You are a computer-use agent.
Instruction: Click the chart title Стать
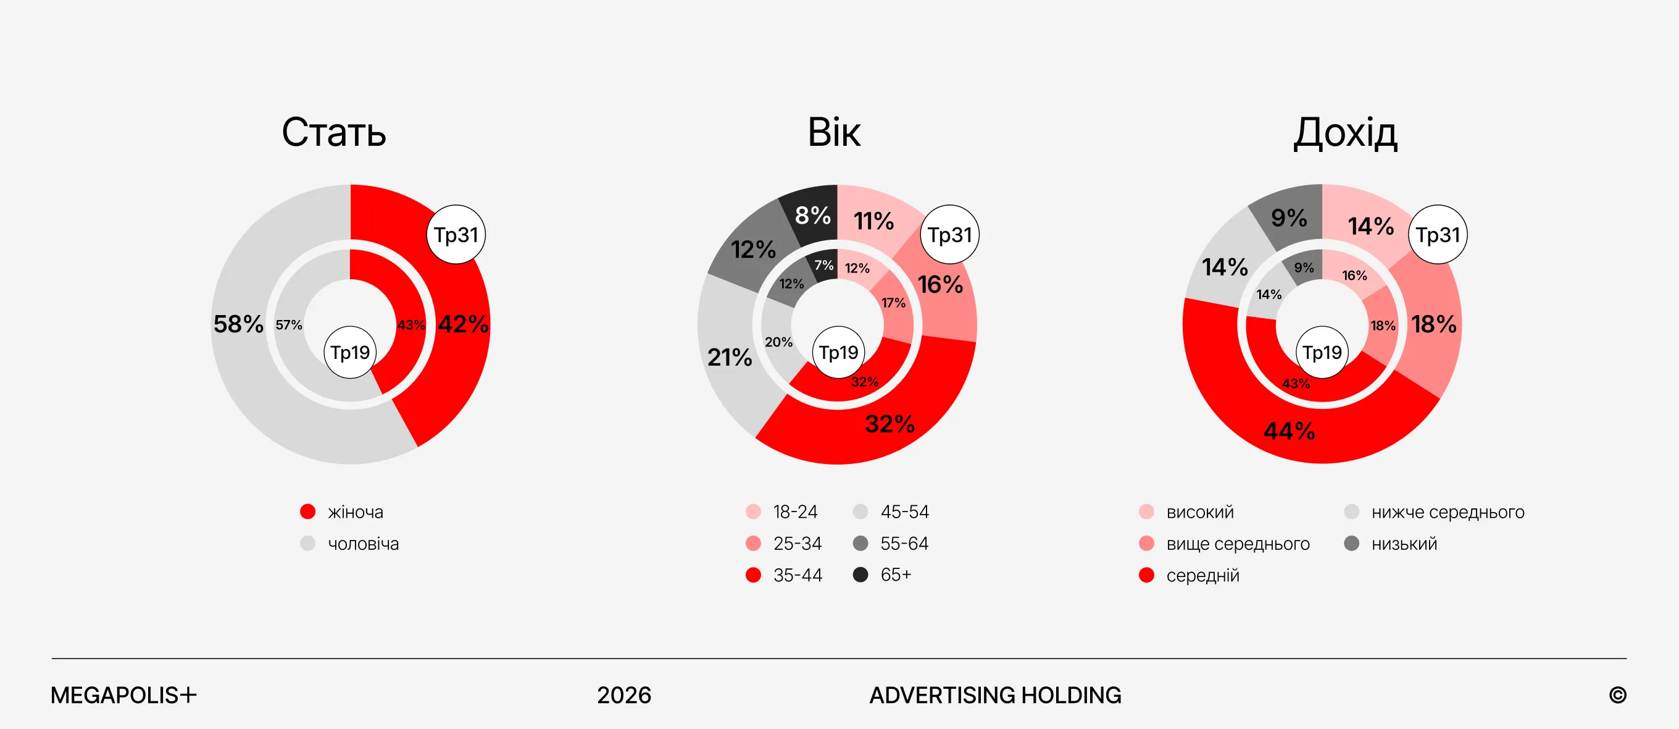pyautogui.click(x=334, y=132)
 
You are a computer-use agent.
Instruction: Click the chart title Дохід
pyautogui.click(x=1345, y=133)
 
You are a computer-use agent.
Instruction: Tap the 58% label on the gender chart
pyautogui.click(x=238, y=324)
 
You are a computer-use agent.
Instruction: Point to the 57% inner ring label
pyautogui.click(x=289, y=325)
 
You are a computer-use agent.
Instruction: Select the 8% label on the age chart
pyautogui.click(x=813, y=215)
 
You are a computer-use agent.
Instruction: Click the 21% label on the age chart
pyautogui.click(x=730, y=357)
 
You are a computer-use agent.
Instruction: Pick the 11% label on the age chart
pyautogui.click(x=873, y=221)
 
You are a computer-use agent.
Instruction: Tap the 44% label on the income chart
pyautogui.click(x=1289, y=431)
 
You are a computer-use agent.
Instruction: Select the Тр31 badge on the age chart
pyautogui.click(x=949, y=235)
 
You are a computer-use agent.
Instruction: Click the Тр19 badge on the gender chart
pyautogui.click(x=350, y=353)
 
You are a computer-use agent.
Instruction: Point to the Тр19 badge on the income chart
pyautogui.click(x=1322, y=353)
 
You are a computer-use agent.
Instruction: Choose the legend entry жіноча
pyautogui.click(x=355, y=512)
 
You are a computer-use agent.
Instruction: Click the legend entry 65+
pyautogui.click(x=896, y=575)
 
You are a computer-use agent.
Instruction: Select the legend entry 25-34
pyautogui.click(x=797, y=543)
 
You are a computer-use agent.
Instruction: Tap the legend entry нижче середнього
pyautogui.click(x=1448, y=512)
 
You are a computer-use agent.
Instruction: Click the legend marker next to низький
pyautogui.click(x=1352, y=543)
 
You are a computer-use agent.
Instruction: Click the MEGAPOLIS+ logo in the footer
pyautogui.click(x=123, y=695)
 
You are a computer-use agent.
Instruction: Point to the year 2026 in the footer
pyautogui.click(x=623, y=695)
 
